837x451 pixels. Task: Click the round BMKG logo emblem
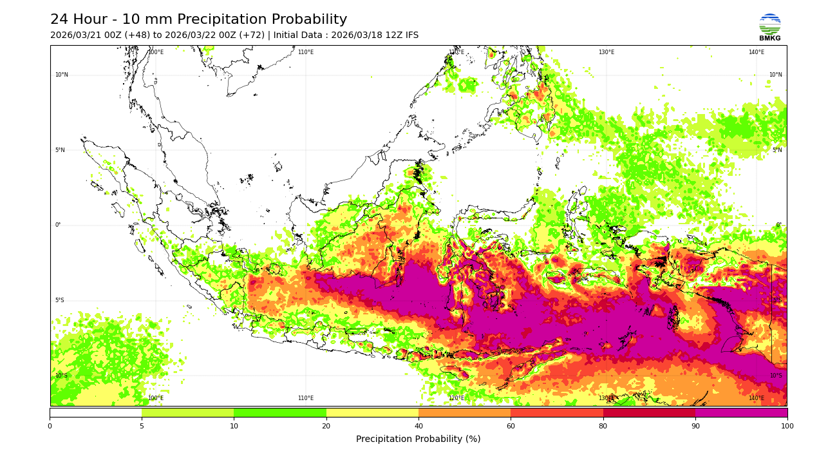click(769, 24)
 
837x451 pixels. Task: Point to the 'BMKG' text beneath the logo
click(769, 39)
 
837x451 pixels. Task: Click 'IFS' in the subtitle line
click(410, 35)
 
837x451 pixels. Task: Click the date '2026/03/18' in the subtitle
click(357, 35)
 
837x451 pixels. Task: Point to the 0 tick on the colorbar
click(50, 426)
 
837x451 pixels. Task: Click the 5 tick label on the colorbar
click(142, 426)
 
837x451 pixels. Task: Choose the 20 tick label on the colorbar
click(326, 426)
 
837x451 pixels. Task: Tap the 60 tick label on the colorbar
click(511, 426)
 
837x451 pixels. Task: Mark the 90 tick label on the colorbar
click(695, 426)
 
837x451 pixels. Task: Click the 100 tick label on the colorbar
click(787, 426)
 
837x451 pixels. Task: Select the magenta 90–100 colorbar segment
click(741, 412)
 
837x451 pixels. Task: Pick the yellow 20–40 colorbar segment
click(372, 412)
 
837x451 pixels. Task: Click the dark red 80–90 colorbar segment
click(649, 412)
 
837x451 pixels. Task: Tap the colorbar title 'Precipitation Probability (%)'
click(418, 439)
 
